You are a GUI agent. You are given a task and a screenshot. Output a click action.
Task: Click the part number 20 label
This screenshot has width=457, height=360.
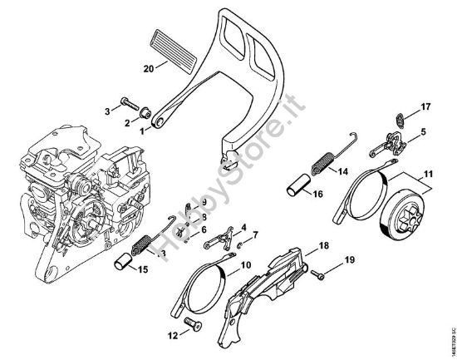tap(150, 69)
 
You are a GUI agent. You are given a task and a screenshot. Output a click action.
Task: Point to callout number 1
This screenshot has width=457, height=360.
tap(142, 130)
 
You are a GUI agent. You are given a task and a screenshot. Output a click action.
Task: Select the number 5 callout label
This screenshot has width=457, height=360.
tap(423, 131)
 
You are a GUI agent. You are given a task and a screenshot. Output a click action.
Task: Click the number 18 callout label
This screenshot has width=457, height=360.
tap(324, 246)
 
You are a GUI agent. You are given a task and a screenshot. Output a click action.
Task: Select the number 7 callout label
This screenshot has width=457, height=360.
tap(254, 234)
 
